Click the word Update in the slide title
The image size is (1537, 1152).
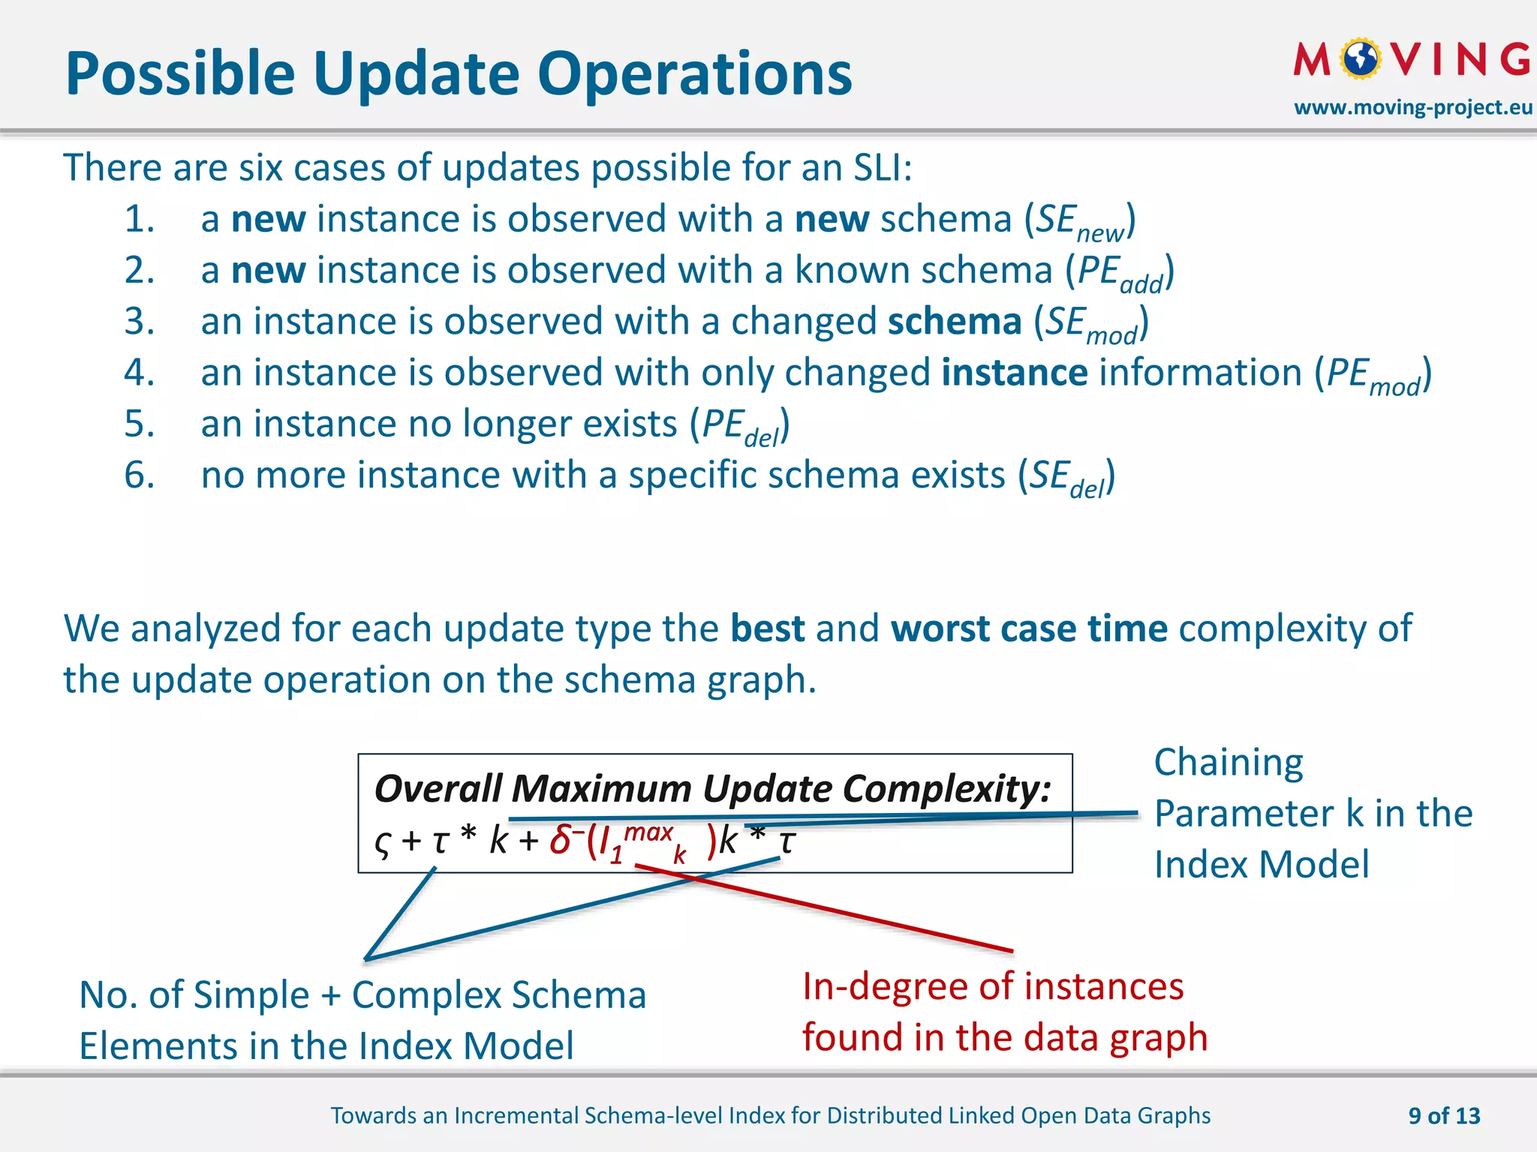[x=417, y=74]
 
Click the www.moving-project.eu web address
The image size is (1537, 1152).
[x=1412, y=108]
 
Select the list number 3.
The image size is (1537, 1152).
[x=140, y=322]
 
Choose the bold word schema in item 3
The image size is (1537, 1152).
[x=954, y=322]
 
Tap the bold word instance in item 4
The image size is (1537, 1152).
[x=1014, y=373]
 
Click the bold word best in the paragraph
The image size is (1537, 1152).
[x=767, y=628]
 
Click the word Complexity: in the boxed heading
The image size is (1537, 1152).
[x=947, y=789]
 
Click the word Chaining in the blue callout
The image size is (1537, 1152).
[x=1229, y=763]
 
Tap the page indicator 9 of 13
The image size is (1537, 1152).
[x=1444, y=1116]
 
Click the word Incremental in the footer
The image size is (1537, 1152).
[x=516, y=1116]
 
